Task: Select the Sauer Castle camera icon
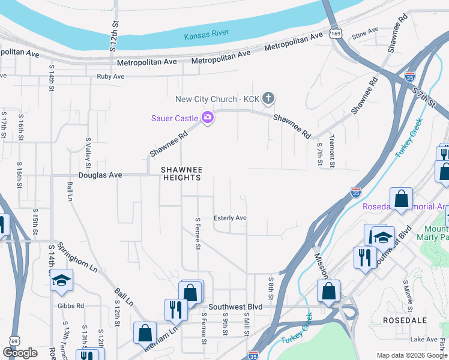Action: [208, 118]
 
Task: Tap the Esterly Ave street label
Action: [231, 218]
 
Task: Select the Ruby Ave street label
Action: [110, 77]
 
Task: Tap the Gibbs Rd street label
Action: [72, 306]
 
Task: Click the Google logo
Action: [20, 353]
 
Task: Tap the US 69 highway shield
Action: [13, 341]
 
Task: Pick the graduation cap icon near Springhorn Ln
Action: [61, 281]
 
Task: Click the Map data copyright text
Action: [412, 355]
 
